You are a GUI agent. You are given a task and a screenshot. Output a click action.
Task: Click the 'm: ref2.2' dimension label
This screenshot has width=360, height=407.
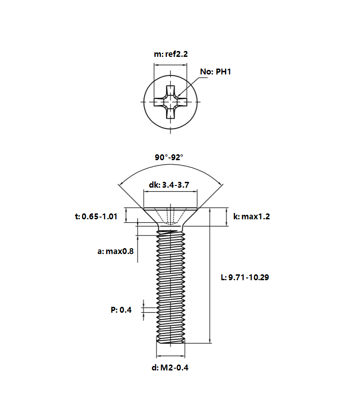point(171,54)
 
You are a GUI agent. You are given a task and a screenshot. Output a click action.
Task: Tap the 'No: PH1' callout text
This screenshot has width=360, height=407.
point(216,72)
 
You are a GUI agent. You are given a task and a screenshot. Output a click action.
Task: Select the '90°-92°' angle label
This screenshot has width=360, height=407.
point(169,157)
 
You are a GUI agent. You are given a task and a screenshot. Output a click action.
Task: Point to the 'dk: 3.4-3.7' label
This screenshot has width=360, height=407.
point(169,185)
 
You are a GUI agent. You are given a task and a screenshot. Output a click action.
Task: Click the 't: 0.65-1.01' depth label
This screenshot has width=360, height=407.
point(96,217)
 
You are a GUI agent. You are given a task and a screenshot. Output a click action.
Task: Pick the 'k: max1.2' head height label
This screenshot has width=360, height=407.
point(252,217)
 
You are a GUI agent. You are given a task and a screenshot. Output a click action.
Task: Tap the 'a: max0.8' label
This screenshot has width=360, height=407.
point(115,251)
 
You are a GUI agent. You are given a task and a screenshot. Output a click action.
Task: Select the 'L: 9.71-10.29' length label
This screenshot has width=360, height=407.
point(245,277)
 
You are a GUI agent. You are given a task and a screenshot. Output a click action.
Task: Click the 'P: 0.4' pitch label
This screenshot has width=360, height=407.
point(121,310)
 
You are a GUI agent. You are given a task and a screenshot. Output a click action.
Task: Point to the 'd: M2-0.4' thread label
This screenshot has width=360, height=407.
point(170,368)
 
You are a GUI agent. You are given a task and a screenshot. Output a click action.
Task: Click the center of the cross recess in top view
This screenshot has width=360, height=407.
point(170,102)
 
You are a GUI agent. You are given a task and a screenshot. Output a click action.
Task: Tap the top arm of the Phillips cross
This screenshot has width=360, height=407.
point(170,90)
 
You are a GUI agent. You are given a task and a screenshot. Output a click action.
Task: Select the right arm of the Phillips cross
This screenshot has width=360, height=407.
point(182,102)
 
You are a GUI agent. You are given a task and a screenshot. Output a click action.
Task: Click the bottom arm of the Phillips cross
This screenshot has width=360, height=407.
point(170,113)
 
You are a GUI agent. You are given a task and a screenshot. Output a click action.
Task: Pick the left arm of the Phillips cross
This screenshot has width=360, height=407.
point(159,102)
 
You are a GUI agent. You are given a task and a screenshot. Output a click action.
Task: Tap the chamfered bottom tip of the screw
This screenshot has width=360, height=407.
point(171,341)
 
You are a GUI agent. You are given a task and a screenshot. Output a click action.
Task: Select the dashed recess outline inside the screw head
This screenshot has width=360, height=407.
point(170,217)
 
